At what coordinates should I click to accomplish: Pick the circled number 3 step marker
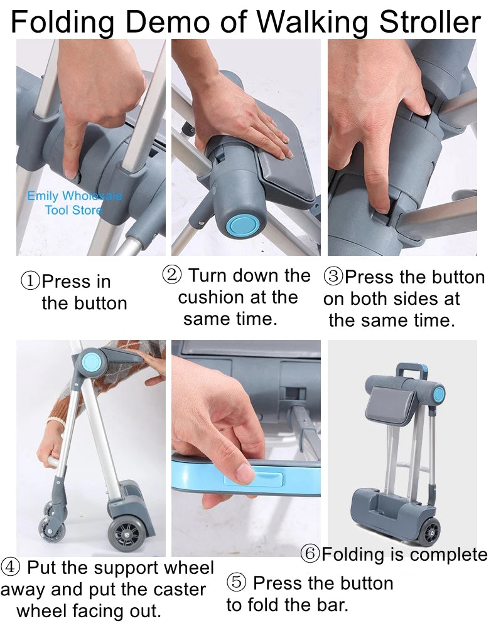(333, 277)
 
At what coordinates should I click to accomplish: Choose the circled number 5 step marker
(236, 583)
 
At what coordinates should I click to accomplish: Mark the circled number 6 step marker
(310, 554)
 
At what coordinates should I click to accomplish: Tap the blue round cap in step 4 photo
(92, 360)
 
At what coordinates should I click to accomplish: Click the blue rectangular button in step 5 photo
(254, 481)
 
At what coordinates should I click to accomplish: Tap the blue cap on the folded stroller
(438, 394)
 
